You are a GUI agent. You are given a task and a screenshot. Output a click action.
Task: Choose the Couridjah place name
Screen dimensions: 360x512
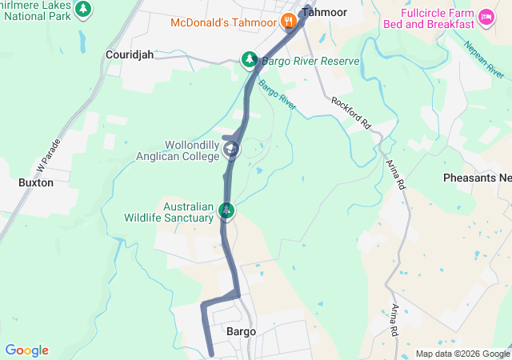[x=129, y=55]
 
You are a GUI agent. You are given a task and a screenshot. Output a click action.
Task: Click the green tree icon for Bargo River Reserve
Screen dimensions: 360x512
[x=250, y=61]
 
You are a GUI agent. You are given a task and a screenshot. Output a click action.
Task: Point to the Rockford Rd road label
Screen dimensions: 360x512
[x=352, y=114]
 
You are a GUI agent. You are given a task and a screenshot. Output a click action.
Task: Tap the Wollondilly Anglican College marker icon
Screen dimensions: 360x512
[x=231, y=150]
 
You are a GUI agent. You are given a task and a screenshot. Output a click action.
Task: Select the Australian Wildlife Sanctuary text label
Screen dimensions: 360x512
[x=169, y=211]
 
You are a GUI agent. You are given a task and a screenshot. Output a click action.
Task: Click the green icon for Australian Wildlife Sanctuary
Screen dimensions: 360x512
[x=227, y=211]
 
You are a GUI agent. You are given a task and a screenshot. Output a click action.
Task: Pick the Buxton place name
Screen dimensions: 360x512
[x=35, y=182]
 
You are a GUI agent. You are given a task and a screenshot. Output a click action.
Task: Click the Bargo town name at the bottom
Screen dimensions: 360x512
[x=241, y=331]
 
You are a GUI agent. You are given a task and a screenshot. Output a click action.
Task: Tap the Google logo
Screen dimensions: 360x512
[x=26, y=350]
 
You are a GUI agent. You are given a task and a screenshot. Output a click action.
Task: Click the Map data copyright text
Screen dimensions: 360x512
[x=462, y=354]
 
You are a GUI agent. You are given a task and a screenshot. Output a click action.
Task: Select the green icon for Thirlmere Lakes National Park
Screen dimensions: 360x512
[x=82, y=9]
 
